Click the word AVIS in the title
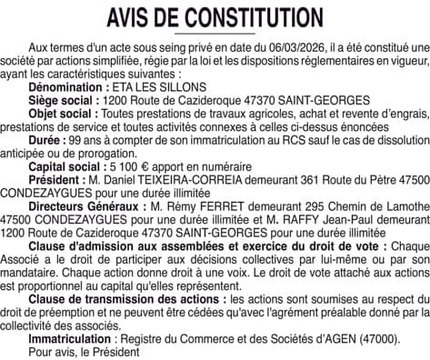pos(135,18)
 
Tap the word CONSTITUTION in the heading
pos(256,18)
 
